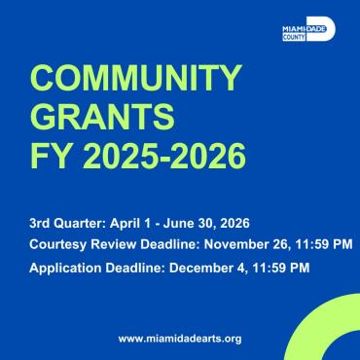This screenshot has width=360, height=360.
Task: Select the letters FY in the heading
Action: (x=51, y=154)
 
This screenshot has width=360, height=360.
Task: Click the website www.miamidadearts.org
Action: (x=179, y=338)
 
